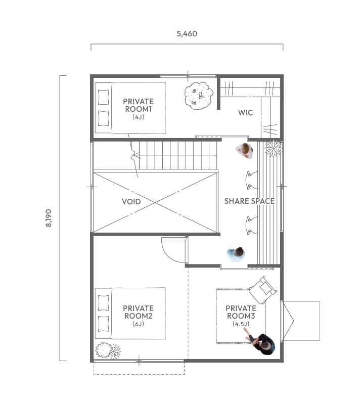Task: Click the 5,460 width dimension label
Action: coord(187,34)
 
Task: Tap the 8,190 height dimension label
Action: coord(49,218)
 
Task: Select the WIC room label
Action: coord(245,113)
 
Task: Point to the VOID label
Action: coord(131,201)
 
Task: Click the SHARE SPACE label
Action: coord(249,201)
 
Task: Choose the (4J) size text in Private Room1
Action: coord(139,117)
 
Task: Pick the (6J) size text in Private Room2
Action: coord(139,324)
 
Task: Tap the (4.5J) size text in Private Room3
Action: coord(241,324)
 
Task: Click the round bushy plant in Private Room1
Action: coord(199,96)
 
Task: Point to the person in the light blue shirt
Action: coord(236,254)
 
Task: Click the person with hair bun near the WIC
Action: coord(245,150)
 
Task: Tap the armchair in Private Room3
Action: coord(263,290)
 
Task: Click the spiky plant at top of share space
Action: coord(274,148)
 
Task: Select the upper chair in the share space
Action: coord(251,180)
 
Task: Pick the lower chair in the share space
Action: coord(251,225)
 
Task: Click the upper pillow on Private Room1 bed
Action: coord(103,97)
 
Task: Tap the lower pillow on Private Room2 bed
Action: coord(103,324)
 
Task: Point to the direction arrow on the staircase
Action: coord(136,155)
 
